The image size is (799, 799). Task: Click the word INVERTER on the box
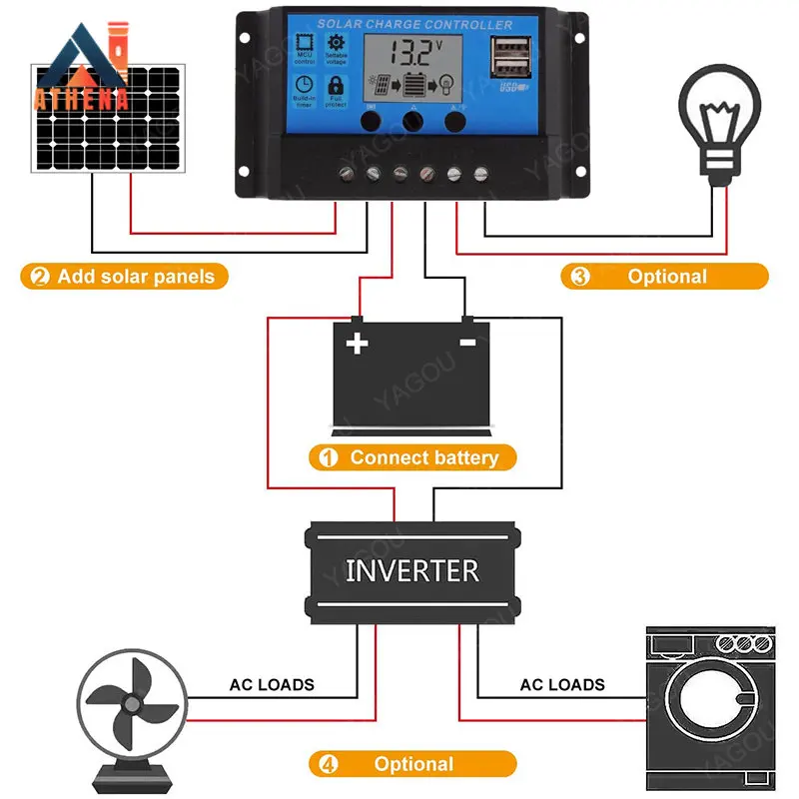point(411,571)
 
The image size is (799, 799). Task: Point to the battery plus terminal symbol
point(357,344)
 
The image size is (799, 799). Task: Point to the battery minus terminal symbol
point(466,343)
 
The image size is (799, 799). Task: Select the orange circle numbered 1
point(328,458)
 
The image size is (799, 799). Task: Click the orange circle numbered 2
point(39,277)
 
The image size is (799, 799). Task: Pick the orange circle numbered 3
point(580,277)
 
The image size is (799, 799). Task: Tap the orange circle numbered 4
point(328,765)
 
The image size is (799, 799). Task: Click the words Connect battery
point(423,458)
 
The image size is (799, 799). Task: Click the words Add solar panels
point(136,277)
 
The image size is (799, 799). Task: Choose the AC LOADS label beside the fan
point(272,685)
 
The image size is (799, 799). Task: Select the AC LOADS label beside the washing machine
point(562,685)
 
